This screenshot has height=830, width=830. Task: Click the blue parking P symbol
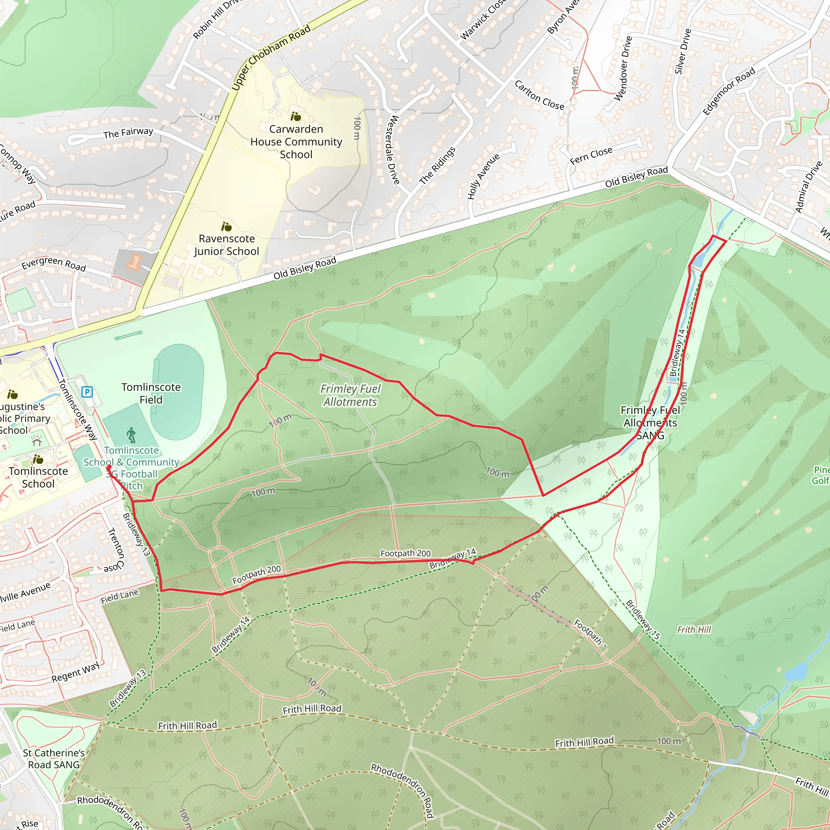87,391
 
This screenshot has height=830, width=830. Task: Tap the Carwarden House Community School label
296,142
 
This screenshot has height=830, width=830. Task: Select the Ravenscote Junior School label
227,245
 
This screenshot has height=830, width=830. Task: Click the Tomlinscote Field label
151,393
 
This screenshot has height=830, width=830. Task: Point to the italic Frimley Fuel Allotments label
350,395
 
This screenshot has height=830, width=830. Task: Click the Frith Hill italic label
694,629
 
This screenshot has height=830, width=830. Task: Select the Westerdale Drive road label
393,150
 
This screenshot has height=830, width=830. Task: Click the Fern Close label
591,156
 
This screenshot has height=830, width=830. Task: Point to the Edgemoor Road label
729,92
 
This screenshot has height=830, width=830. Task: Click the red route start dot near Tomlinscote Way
109,467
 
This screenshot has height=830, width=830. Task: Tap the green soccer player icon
131,435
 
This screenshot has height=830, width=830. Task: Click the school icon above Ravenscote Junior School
226,227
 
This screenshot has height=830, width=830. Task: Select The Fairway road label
128,133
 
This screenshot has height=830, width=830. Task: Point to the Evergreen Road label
54,263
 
